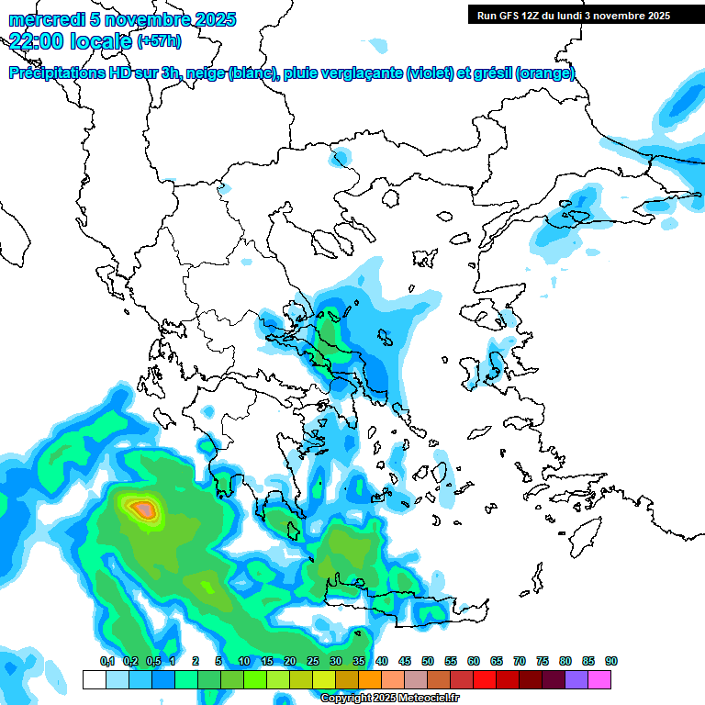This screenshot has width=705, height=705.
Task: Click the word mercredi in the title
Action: coord(42,20)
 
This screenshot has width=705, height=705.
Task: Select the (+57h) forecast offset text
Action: coord(159,41)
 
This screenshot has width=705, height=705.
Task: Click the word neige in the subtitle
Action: coord(206,73)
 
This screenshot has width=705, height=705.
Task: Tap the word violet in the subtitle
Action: coord(429,73)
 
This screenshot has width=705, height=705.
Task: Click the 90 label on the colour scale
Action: coord(611,661)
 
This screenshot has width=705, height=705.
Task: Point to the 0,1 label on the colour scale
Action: coord(107,661)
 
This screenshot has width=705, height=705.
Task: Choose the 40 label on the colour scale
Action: coord(382,661)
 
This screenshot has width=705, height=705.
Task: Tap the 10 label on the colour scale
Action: coord(244,661)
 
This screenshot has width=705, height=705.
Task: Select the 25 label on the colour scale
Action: coord(313,661)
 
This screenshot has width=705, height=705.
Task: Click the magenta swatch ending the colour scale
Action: coord(599,679)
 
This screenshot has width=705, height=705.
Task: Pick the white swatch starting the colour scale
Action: coord(94,679)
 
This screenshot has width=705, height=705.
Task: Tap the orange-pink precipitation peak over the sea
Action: coord(142,507)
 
